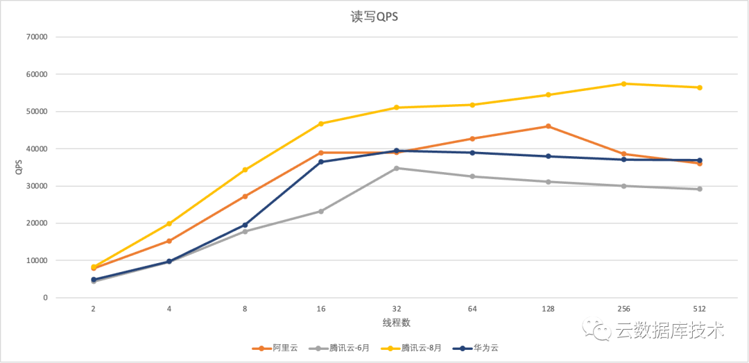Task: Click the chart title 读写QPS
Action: [374, 17]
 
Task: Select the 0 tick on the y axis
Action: [44, 298]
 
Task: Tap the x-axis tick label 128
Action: [548, 310]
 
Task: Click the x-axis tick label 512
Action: [699, 310]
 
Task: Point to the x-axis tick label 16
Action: [320, 310]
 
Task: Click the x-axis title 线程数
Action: [396, 323]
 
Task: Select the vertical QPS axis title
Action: [19, 167]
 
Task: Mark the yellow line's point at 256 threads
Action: [623, 84]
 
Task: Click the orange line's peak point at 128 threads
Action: [548, 126]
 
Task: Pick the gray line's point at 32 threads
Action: [397, 168]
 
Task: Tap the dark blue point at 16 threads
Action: [320, 162]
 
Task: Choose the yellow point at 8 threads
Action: [245, 169]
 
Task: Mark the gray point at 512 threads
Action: [699, 189]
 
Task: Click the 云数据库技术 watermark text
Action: [669, 330]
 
